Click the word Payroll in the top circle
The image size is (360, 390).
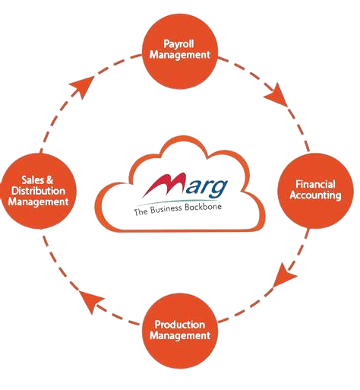pyautogui.click(x=178, y=44)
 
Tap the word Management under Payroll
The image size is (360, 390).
pyautogui.click(x=180, y=55)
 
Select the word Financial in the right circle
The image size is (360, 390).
pyautogui.click(x=315, y=184)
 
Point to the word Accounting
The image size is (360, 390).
pyautogui.click(x=315, y=195)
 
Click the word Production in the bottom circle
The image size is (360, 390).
pyautogui.click(x=180, y=325)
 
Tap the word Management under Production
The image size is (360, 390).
pyautogui.click(x=180, y=335)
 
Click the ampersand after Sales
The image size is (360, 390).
pyautogui.click(x=49, y=180)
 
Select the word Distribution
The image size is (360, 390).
pyautogui.click(x=38, y=191)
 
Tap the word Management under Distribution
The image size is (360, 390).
pyautogui.click(x=38, y=202)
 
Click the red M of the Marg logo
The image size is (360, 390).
pyautogui.click(x=164, y=185)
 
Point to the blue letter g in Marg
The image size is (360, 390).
pyautogui.click(x=219, y=189)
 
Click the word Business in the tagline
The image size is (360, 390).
pyautogui.click(x=166, y=210)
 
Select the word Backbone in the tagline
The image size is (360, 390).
pyautogui.click(x=203, y=207)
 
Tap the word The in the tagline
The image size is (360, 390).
pyautogui.click(x=141, y=211)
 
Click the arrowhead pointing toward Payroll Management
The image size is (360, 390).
pyautogui.click(x=83, y=87)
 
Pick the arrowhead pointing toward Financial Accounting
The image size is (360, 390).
pyautogui.click(x=277, y=95)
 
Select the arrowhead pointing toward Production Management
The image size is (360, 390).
pyautogui.click(x=284, y=275)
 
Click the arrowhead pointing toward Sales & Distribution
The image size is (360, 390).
pyautogui.click(x=90, y=302)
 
